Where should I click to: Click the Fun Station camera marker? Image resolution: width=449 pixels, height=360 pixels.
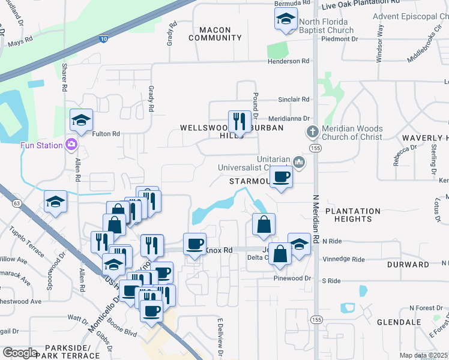pos(71,145)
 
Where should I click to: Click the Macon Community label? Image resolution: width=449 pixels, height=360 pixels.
pos(215,34)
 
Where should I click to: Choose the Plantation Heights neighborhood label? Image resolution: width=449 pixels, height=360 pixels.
pos(353,215)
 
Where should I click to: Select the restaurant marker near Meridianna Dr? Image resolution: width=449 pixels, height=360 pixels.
pos(239,121)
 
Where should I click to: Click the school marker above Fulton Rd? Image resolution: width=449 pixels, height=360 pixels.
pos(81,120)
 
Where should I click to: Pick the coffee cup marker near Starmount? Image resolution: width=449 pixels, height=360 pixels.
pos(281,176)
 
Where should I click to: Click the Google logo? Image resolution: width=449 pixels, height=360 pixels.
pos(20,352)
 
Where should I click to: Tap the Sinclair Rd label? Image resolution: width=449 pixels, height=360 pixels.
pos(293,100)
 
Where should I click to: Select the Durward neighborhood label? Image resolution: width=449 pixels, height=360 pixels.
pos(408,264)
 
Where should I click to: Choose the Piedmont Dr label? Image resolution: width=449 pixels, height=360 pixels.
pos(340,39)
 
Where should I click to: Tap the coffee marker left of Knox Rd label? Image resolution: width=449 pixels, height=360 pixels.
pos(194,244)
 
